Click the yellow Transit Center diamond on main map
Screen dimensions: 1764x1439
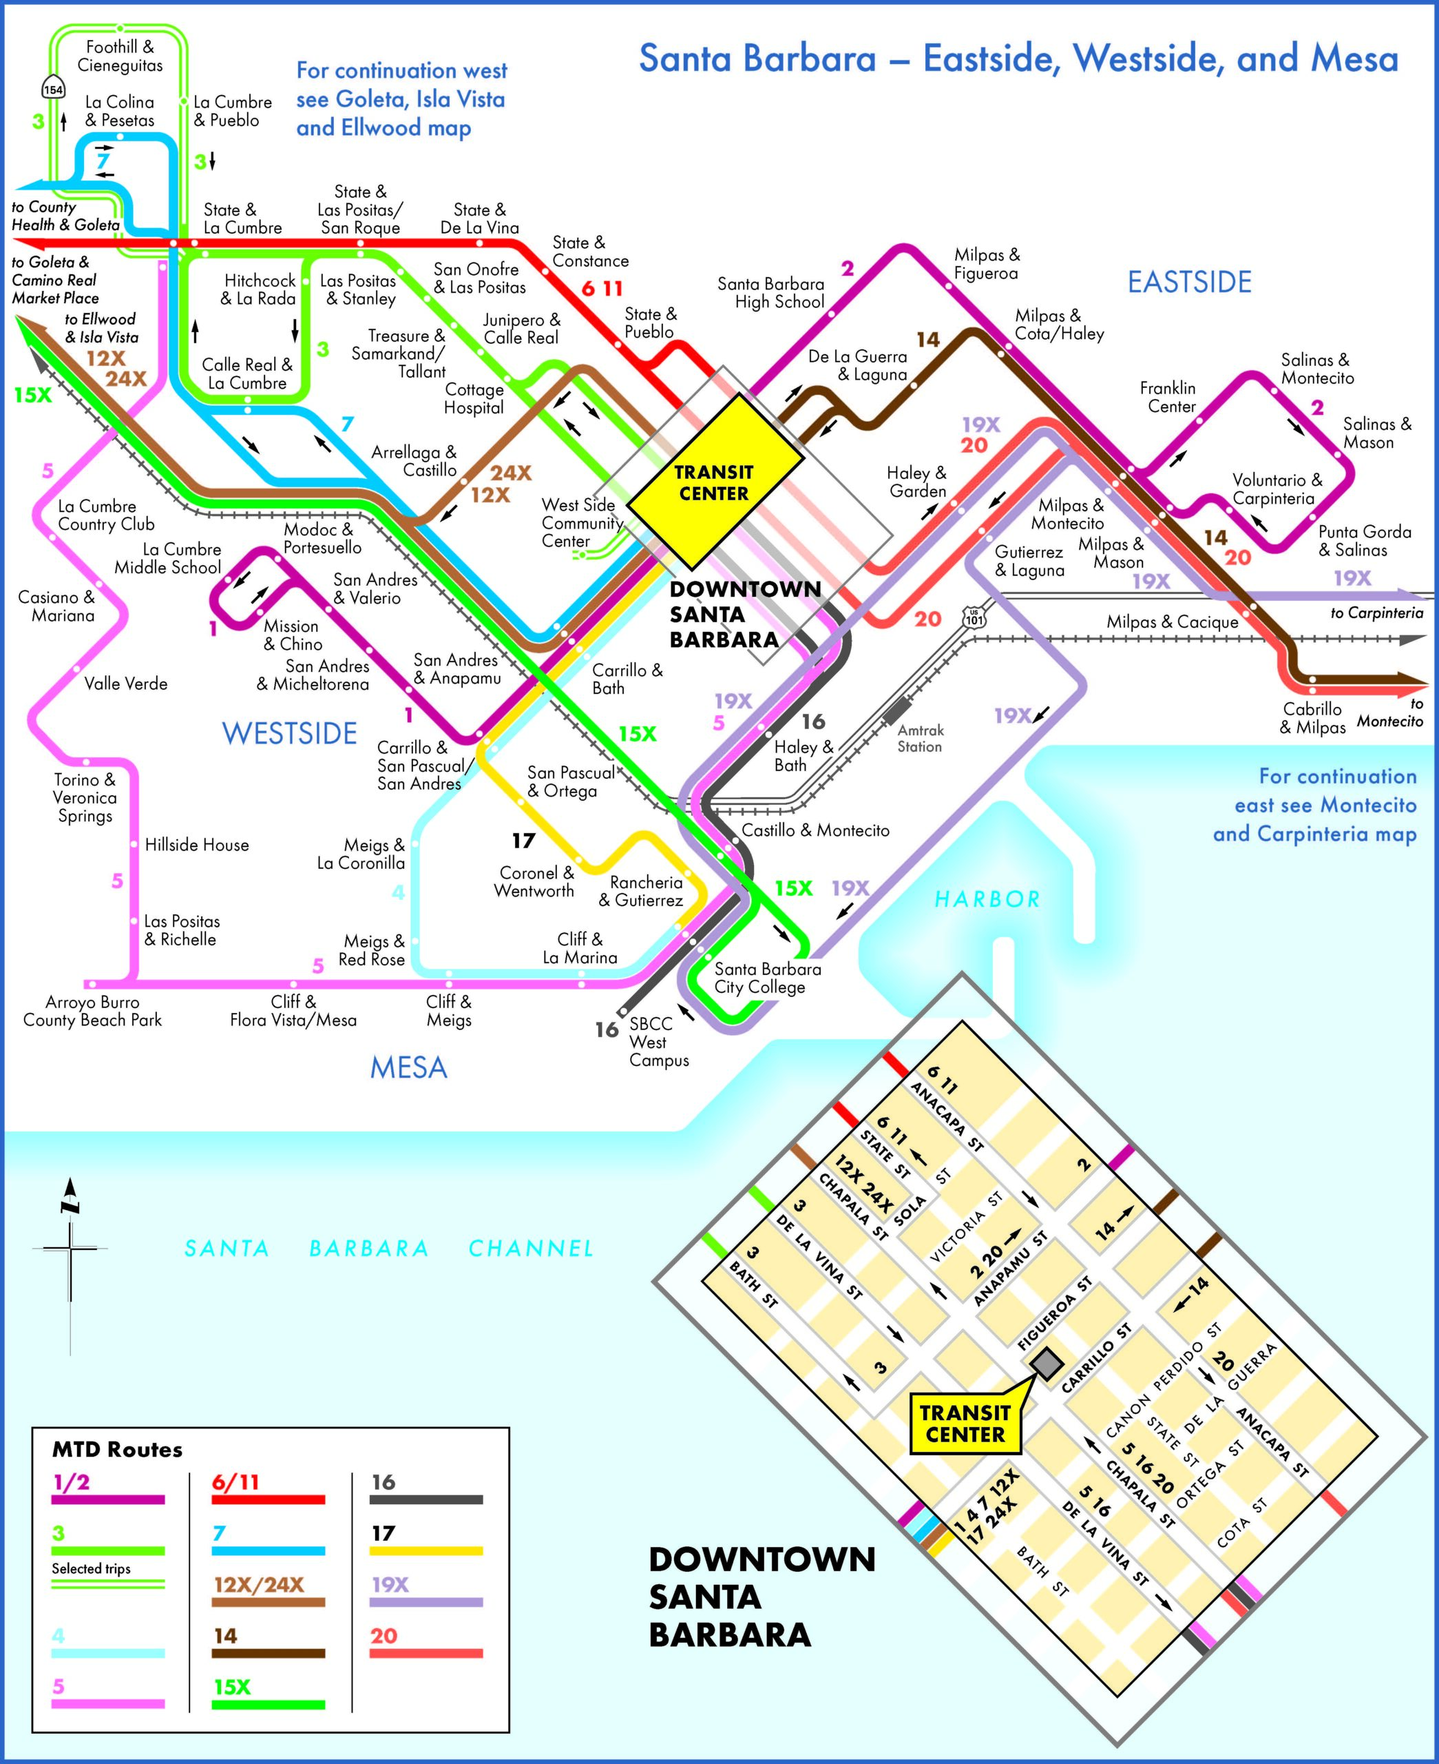(714, 482)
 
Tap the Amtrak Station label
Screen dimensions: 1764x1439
(920, 738)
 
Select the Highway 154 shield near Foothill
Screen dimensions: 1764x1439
(52, 88)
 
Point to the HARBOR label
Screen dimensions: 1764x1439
(987, 900)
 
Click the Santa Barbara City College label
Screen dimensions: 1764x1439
(767, 978)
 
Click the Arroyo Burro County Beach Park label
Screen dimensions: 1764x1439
(92, 1011)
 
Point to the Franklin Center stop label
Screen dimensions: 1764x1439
(1167, 398)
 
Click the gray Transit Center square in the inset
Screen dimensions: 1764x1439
(1046, 1362)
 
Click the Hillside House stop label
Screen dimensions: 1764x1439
(196, 845)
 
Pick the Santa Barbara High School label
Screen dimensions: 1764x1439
(771, 293)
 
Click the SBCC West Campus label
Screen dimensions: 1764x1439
(658, 1042)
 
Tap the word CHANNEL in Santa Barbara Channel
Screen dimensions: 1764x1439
(531, 1248)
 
